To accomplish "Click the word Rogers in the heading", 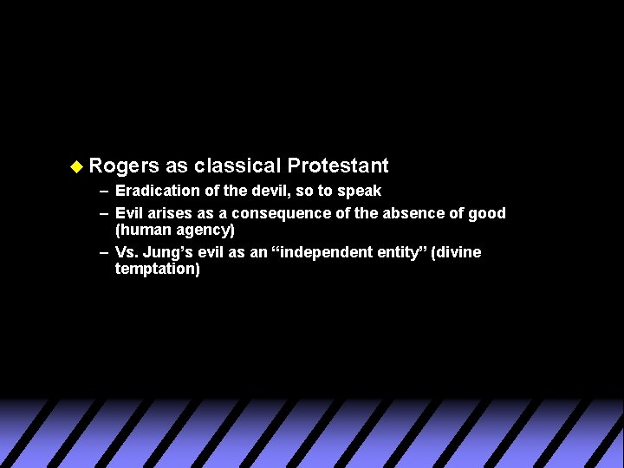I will click(124, 166).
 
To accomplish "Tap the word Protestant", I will click(338, 166).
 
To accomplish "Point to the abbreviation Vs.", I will click(127, 252).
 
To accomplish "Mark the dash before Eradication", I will click(104, 191).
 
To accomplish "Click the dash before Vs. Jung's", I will click(104, 252).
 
